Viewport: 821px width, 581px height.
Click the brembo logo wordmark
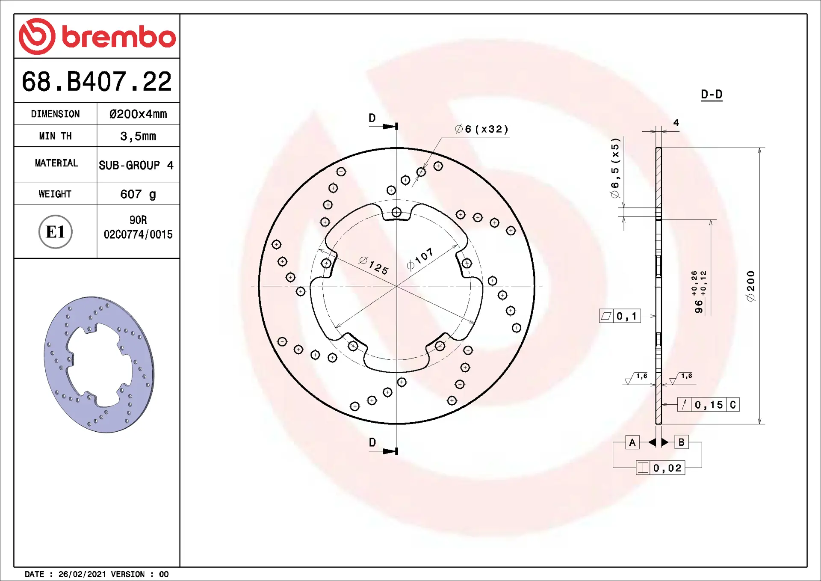pos(119,37)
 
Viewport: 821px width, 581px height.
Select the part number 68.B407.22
pos(97,81)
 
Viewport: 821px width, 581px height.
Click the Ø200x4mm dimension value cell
pos(138,114)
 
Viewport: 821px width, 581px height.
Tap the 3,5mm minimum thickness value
pos(138,136)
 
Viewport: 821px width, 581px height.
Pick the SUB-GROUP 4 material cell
pos(136,165)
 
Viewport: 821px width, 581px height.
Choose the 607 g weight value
pos(138,194)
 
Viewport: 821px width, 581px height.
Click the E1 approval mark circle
pos(56,232)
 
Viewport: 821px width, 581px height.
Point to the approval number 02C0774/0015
pos(138,234)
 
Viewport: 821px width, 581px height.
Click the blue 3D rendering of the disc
pos(99,365)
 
